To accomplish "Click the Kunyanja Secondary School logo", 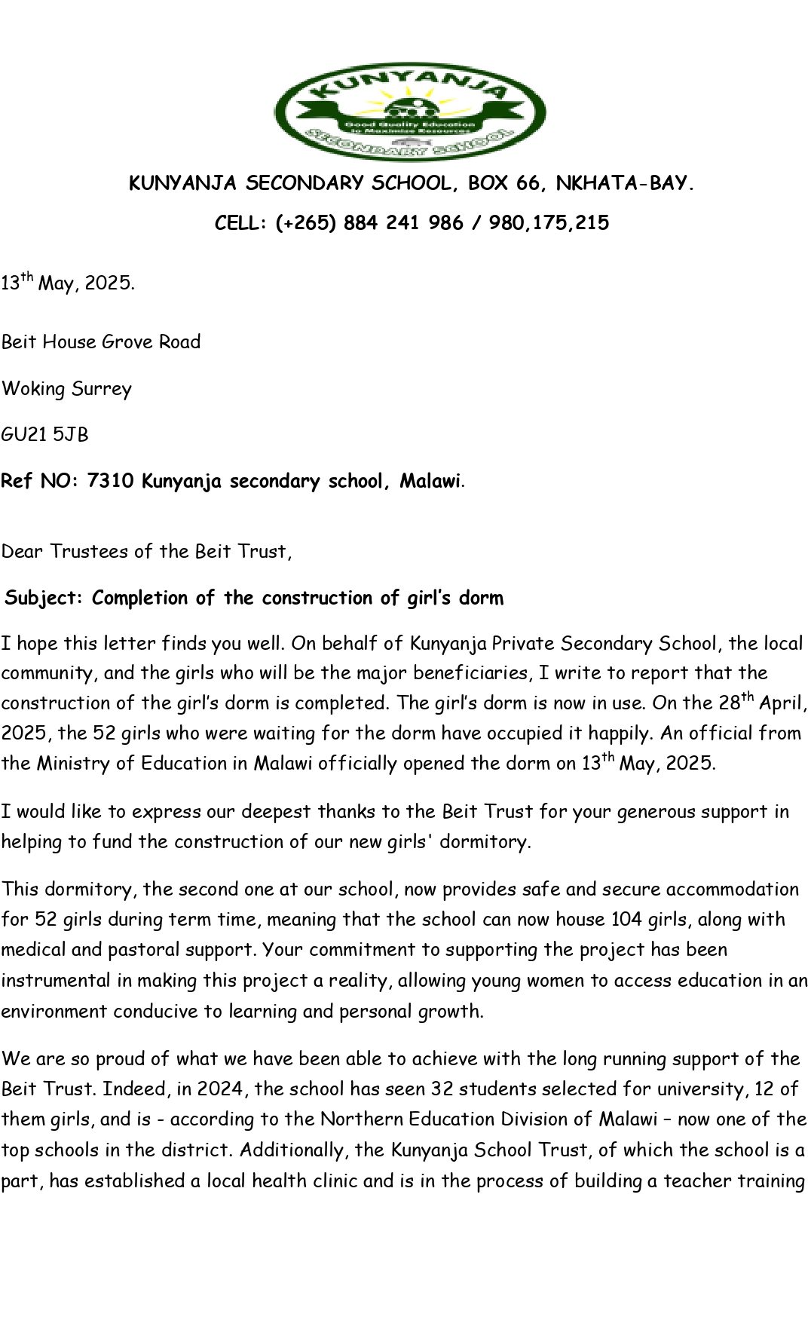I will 410,111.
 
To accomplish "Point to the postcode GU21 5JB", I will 44,435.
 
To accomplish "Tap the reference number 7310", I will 111,481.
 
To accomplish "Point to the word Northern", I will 359,1119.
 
